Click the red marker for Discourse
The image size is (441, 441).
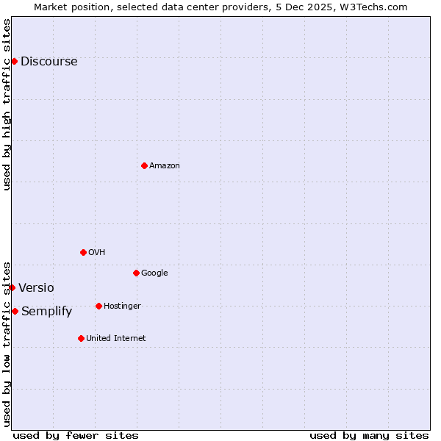click(14, 61)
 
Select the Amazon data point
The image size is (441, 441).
click(144, 165)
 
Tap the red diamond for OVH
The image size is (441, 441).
click(83, 252)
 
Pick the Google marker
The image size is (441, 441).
click(136, 273)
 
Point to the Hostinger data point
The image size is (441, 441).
click(98, 306)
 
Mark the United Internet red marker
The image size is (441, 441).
click(81, 338)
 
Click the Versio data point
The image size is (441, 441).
click(12, 287)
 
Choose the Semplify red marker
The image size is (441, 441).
click(15, 311)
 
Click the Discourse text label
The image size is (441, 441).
click(49, 62)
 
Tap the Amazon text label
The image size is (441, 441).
click(164, 166)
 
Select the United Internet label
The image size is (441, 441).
click(115, 339)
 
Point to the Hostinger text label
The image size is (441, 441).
click(122, 306)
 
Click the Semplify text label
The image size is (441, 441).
click(46, 312)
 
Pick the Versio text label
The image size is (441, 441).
click(36, 288)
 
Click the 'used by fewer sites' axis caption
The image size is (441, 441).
click(76, 435)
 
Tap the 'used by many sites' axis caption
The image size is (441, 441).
click(369, 435)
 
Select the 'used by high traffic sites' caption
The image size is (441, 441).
click(7, 104)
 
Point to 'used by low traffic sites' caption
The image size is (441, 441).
click(7, 343)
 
